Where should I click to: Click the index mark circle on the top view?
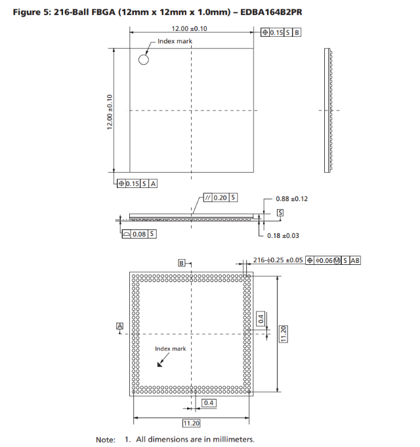144,55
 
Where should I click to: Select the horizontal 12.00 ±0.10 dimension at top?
189,28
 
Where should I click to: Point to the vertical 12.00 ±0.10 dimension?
110,112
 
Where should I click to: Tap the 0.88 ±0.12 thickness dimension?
291,199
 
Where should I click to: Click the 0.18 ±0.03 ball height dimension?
283,235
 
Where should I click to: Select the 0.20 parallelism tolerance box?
220,198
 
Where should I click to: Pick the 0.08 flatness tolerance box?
139,234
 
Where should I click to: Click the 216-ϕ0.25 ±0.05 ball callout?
278,260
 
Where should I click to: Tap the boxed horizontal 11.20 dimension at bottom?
191,423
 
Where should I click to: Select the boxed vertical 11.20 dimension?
283,334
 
